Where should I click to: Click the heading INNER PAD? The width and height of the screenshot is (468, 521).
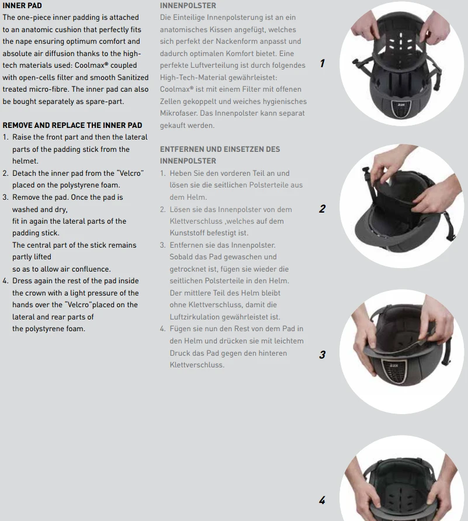(22, 6)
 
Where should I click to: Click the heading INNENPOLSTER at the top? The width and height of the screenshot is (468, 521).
(188, 6)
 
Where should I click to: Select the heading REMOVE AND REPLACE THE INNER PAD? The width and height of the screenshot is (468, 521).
(72, 125)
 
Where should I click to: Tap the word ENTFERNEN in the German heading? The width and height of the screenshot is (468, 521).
(183, 149)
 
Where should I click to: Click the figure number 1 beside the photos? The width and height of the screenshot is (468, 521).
(322, 64)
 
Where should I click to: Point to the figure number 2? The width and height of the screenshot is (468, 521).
(322, 209)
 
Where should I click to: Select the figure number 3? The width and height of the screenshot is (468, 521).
(322, 355)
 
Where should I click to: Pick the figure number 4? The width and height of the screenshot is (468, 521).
(322, 500)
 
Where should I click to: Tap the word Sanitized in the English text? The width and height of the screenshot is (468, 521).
(133, 78)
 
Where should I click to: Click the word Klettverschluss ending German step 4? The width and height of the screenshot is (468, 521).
(197, 365)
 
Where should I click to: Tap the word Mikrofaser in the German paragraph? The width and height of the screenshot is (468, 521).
(178, 113)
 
